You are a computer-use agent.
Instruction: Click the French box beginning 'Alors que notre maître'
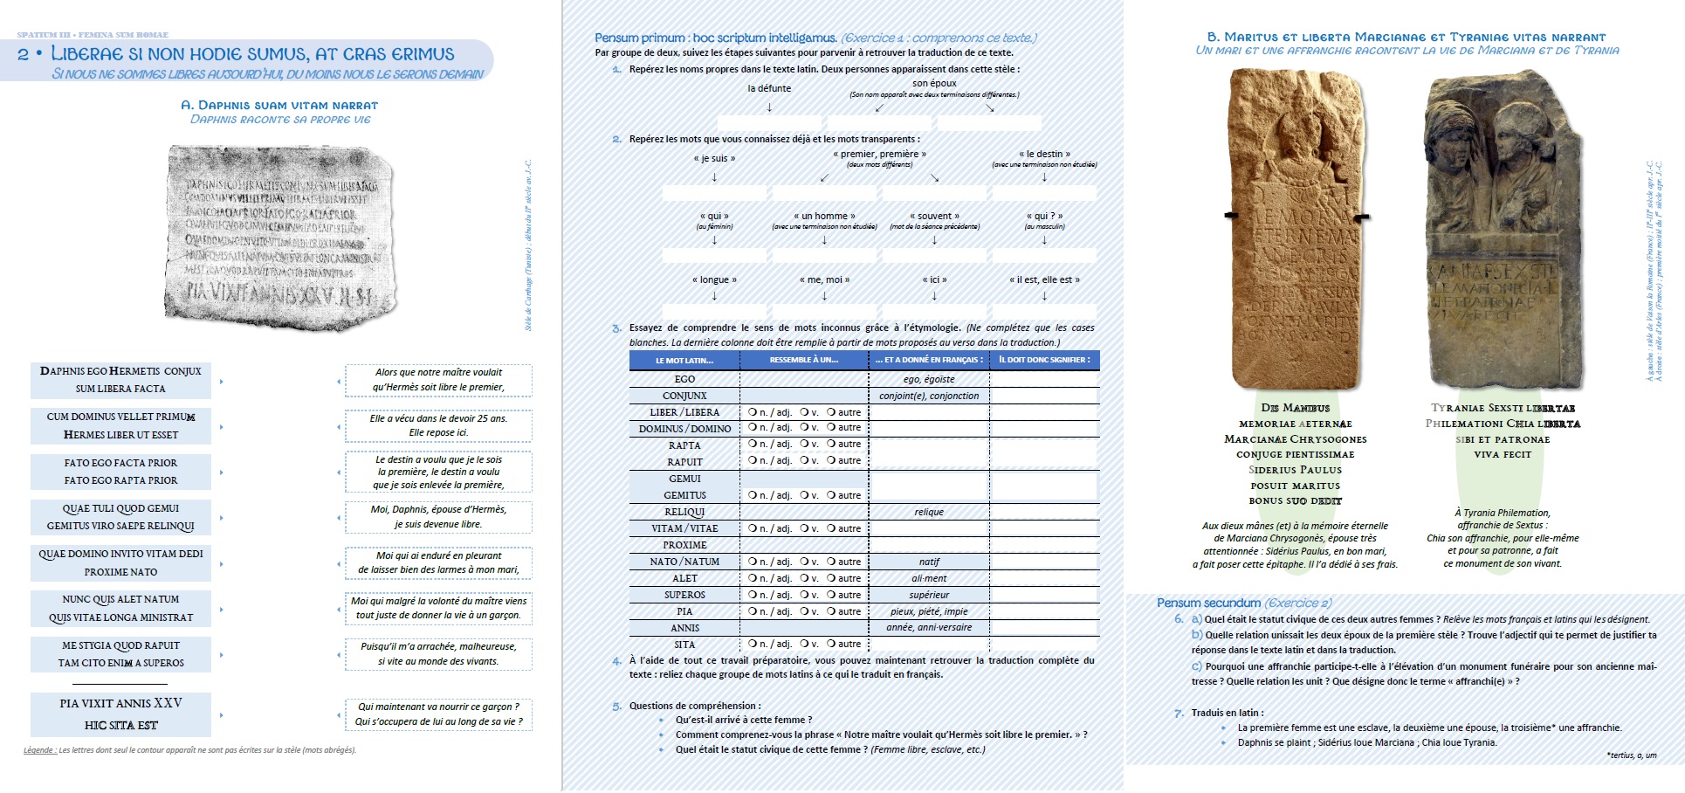tap(438, 380)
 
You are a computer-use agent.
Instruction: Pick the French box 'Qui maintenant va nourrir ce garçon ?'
tap(438, 714)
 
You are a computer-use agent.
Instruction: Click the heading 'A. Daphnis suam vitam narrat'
tap(279, 105)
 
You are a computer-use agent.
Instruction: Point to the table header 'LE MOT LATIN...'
tap(684, 360)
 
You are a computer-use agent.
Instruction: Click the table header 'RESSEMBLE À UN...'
tap(803, 360)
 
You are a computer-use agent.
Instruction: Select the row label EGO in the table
tap(684, 379)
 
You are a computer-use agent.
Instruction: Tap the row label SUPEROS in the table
tap(684, 595)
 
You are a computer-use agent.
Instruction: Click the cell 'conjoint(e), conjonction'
tap(929, 396)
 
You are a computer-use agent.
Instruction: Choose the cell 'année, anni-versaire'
tap(929, 628)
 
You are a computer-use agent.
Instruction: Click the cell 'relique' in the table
tap(929, 512)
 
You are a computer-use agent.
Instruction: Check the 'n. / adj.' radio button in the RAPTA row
tap(753, 445)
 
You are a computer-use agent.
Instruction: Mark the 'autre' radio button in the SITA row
tap(831, 645)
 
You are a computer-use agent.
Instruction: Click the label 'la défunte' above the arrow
tap(769, 88)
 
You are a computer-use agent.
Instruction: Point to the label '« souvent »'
tap(934, 216)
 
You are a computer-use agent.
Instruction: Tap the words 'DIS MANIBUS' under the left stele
tap(1295, 408)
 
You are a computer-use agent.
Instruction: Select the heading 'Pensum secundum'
tap(1208, 603)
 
